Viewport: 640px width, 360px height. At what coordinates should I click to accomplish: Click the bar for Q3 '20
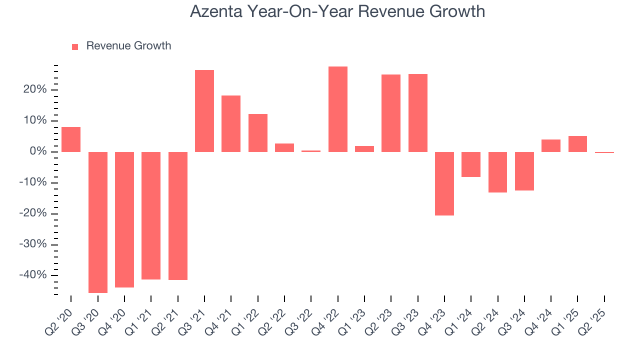click(x=98, y=222)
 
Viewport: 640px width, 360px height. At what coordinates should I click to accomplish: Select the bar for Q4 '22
click(x=338, y=109)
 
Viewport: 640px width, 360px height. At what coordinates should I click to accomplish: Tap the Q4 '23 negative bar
click(x=444, y=183)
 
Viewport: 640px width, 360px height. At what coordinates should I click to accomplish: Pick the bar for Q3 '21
click(x=204, y=111)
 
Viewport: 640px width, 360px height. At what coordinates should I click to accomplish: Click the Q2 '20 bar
click(x=71, y=139)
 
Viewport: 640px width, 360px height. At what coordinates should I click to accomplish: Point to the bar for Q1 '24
click(x=471, y=164)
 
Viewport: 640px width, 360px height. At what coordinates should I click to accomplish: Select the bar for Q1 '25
click(x=577, y=144)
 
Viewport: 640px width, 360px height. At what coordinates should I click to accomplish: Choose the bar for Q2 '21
click(x=178, y=215)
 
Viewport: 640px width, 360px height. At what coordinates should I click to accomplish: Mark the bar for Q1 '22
click(x=258, y=133)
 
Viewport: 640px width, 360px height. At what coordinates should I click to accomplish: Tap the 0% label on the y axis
click(x=39, y=151)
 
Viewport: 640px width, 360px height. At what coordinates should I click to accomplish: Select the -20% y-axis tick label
click(x=34, y=213)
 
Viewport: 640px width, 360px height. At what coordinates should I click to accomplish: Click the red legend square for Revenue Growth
click(x=75, y=46)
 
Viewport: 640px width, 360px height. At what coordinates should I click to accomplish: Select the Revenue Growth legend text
click(x=128, y=46)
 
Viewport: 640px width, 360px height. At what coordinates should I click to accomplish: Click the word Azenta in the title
click(x=217, y=11)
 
